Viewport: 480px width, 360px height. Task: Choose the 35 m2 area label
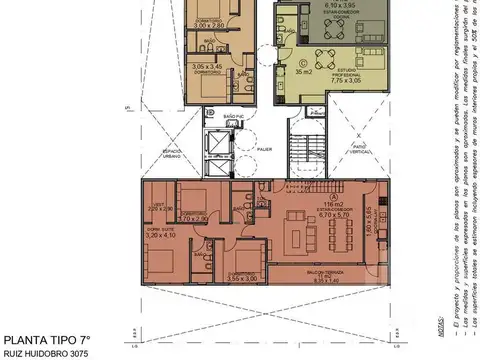pyautogui.click(x=301, y=72)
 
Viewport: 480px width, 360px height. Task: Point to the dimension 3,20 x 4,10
pyautogui.click(x=160, y=237)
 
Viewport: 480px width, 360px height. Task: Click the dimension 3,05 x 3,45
pyautogui.click(x=208, y=67)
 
